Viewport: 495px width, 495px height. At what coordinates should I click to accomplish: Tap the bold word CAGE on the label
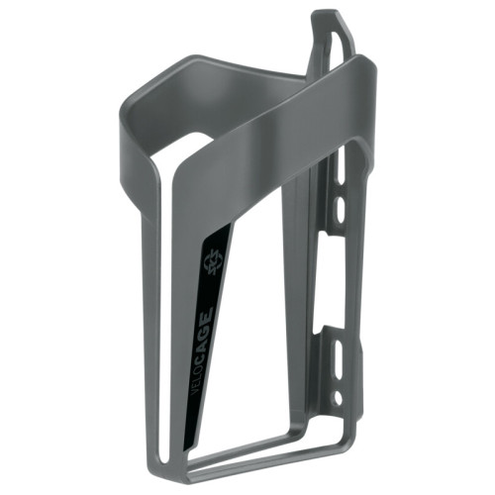click(x=204, y=331)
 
